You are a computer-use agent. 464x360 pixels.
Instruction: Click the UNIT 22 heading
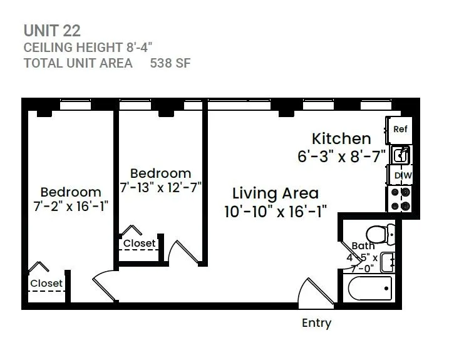[x=52, y=30]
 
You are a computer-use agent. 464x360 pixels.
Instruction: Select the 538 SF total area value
[x=170, y=63]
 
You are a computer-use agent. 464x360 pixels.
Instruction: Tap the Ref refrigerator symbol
[x=400, y=130]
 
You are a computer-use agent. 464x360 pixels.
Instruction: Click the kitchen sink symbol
[x=400, y=154]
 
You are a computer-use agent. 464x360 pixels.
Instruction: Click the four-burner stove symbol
[x=400, y=198]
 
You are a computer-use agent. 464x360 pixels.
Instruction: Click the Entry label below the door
[x=316, y=323]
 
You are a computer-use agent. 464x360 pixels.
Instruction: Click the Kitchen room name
[x=341, y=138]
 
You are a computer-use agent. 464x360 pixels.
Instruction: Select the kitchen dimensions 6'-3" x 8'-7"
[x=341, y=156]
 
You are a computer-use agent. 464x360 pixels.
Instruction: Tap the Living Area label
[x=275, y=193]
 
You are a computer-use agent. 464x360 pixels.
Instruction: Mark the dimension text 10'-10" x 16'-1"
[x=275, y=211]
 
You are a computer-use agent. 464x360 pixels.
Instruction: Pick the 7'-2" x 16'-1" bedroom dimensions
[x=70, y=207]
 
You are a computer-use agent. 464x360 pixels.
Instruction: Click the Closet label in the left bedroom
[x=46, y=283]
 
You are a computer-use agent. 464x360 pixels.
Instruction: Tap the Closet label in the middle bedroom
[x=139, y=243]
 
